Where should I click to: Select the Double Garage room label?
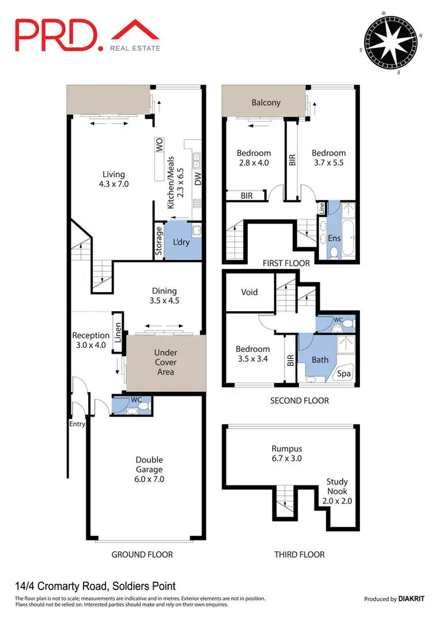click(x=149, y=469)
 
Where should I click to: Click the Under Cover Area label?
click(x=165, y=362)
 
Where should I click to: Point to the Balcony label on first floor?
click(x=266, y=103)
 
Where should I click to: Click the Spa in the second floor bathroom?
click(x=344, y=374)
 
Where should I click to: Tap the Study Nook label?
click(x=337, y=491)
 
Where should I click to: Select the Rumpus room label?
click(x=286, y=453)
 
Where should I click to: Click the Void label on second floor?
click(x=249, y=292)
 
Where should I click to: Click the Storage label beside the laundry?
click(x=159, y=241)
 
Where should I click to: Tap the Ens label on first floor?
click(x=334, y=238)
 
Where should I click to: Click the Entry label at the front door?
click(x=77, y=424)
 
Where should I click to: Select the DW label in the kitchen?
click(x=198, y=180)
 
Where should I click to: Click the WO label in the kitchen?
click(x=159, y=145)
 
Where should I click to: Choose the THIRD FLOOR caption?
click(x=299, y=554)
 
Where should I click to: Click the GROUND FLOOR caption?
click(x=142, y=554)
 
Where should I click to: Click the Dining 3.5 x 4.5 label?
click(x=164, y=296)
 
